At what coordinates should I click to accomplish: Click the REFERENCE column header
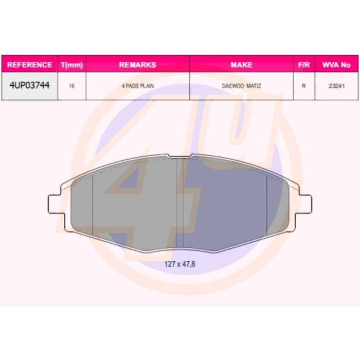tap(30, 65)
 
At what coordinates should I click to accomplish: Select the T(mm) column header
tap(72, 65)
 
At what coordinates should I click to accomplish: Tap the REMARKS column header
tap(138, 65)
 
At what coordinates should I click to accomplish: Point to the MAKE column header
tap(242, 65)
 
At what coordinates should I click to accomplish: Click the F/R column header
tap(304, 65)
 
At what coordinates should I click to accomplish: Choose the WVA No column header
tap(336, 65)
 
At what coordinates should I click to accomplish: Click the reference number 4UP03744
tap(30, 85)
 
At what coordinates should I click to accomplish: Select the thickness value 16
tap(71, 86)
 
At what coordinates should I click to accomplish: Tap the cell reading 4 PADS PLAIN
tap(138, 86)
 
